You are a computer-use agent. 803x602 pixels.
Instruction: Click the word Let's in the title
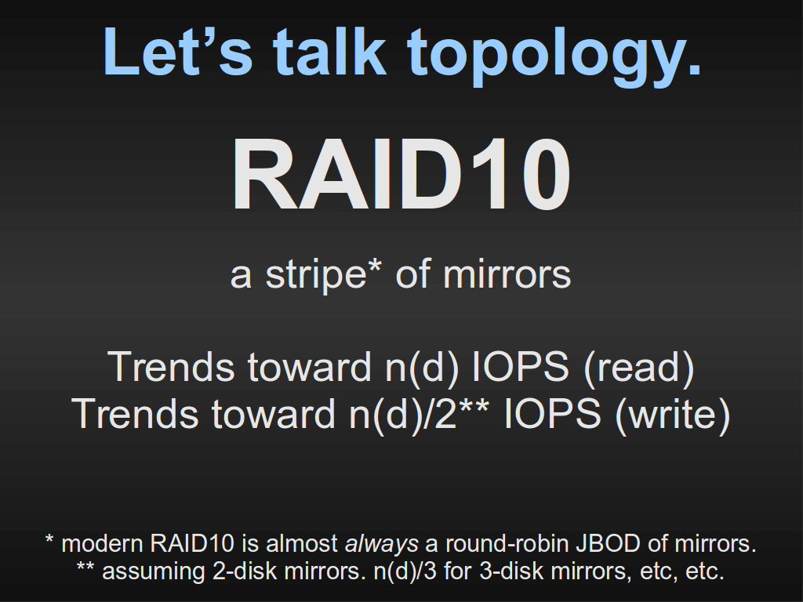[178, 52]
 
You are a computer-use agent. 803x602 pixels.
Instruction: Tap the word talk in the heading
[329, 52]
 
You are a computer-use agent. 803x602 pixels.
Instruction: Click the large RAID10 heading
[401, 175]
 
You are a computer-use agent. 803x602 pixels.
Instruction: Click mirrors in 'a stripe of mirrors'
[507, 275]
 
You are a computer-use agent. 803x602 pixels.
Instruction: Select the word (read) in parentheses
[638, 367]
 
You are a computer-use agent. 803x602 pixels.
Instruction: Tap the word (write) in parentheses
[672, 414]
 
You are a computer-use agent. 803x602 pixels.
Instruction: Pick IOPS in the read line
[519, 367]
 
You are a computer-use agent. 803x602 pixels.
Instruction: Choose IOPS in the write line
[553, 413]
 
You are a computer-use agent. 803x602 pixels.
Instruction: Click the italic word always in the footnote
[382, 544]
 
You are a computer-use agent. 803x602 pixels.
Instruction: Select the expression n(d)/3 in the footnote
[405, 571]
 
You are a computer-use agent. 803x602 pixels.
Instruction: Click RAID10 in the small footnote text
[192, 544]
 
